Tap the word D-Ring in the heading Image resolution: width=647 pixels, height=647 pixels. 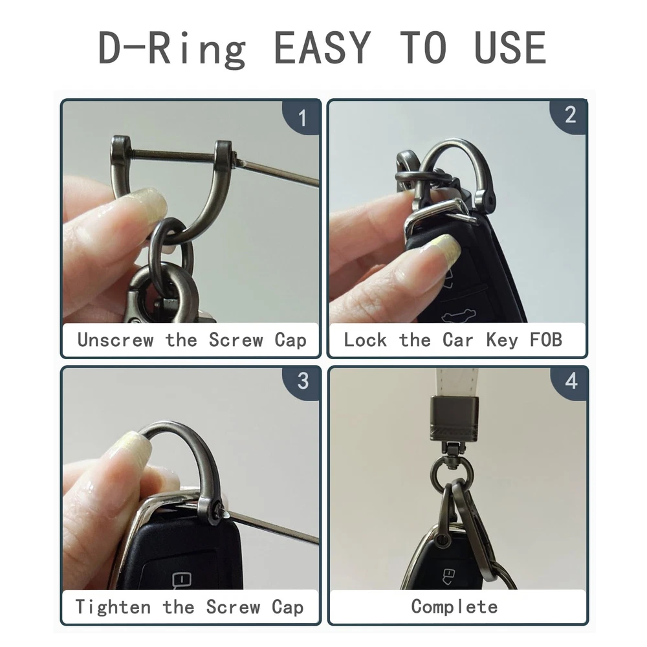pyautogui.click(x=173, y=49)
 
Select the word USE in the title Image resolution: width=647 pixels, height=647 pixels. pyautogui.click(x=510, y=48)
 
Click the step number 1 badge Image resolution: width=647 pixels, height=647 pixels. pyautogui.click(x=302, y=118)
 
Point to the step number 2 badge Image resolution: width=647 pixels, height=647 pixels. pyautogui.click(x=570, y=115)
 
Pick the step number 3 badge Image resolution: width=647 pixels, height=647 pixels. pyautogui.click(x=302, y=382)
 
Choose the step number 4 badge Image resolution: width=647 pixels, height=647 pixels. pyautogui.click(x=571, y=382)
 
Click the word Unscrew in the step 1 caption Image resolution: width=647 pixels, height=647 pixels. pyautogui.click(x=116, y=340)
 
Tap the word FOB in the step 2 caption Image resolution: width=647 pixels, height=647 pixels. pyautogui.click(x=545, y=340)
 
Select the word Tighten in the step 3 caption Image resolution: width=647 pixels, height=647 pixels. pyautogui.click(x=113, y=607)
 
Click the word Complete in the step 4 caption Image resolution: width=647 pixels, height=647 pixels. pyautogui.click(x=454, y=607)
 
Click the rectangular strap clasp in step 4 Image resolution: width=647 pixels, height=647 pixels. pyautogui.click(x=454, y=418)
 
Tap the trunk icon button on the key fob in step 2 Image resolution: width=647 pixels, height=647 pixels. pyautogui.click(x=458, y=315)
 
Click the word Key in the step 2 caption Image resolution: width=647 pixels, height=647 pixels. pyautogui.click(x=501, y=341)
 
